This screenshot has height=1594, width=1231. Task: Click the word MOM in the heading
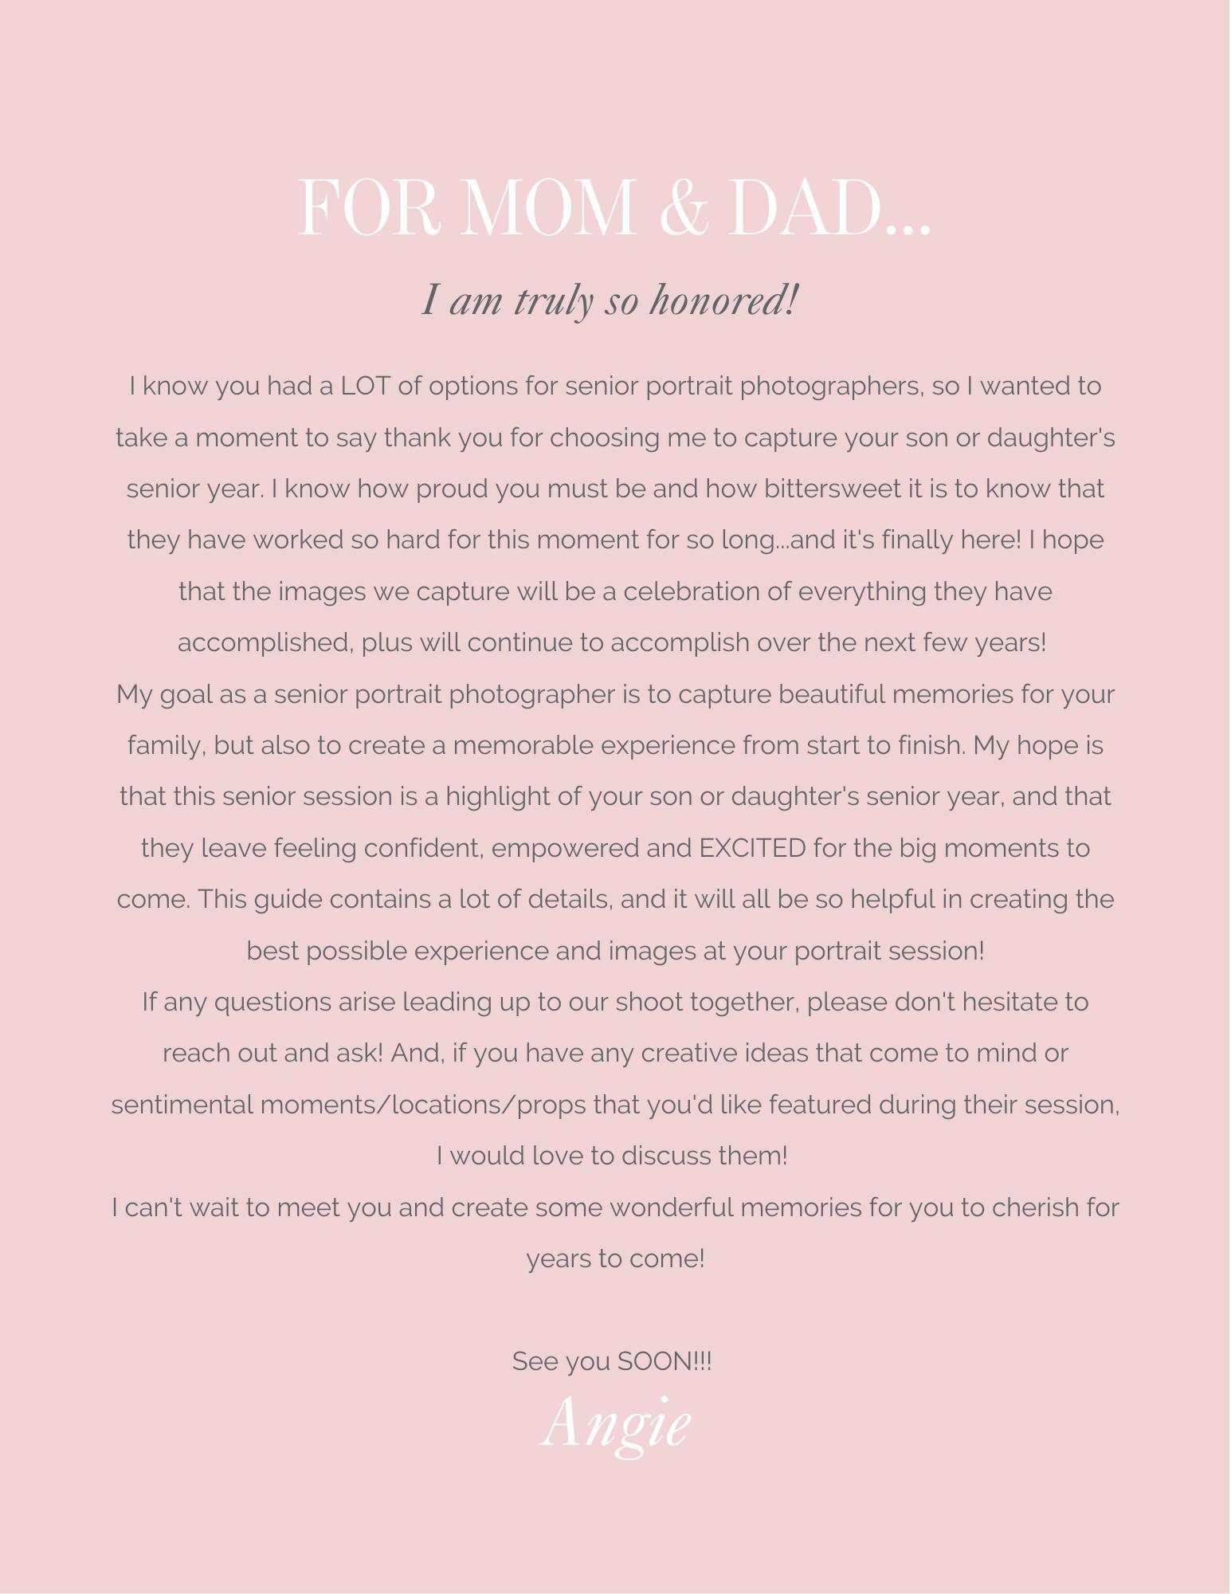pos(548,209)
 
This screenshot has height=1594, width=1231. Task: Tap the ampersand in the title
pos(684,209)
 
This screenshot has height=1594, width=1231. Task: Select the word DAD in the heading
pos(806,209)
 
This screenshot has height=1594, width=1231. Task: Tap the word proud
pos(452,489)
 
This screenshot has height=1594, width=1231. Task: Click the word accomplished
pos(265,643)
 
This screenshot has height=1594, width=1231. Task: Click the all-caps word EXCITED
pos(752,849)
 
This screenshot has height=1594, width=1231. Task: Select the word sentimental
pos(182,1105)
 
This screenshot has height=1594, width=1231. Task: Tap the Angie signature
pos(615,1425)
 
